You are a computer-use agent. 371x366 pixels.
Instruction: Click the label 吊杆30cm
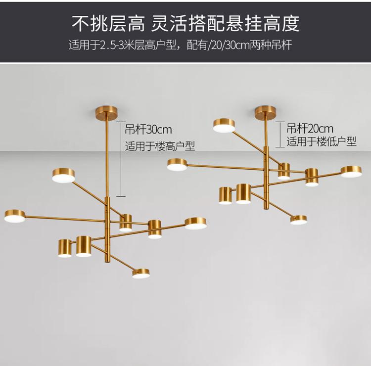tap(148, 130)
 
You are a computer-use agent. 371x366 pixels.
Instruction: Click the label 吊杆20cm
tap(310, 129)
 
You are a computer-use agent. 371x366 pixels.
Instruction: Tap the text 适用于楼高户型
tap(160, 146)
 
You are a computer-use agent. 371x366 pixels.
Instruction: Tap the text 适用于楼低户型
tap(322, 141)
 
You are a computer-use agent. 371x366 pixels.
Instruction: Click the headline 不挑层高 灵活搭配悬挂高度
tap(185, 23)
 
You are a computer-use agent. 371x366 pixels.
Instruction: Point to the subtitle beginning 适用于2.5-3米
tap(180, 46)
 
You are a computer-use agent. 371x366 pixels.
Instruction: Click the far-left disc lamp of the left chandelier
tap(15, 216)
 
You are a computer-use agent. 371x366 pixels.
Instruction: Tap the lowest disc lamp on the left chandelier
tap(141, 273)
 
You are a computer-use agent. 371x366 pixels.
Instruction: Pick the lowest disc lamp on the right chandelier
tap(299, 220)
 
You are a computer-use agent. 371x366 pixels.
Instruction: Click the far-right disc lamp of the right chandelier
tap(351, 171)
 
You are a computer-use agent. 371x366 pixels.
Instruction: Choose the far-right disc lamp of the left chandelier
tap(196, 224)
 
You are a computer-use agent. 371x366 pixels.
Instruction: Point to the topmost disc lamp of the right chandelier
tap(224, 126)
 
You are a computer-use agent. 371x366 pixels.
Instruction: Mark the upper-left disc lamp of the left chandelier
tap(64, 175)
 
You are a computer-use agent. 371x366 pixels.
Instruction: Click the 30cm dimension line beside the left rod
tap(121, 158)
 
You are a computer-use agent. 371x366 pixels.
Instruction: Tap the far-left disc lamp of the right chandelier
tap(177, 165)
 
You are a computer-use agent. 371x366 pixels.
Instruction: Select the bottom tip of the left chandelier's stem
tap(106, 261)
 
